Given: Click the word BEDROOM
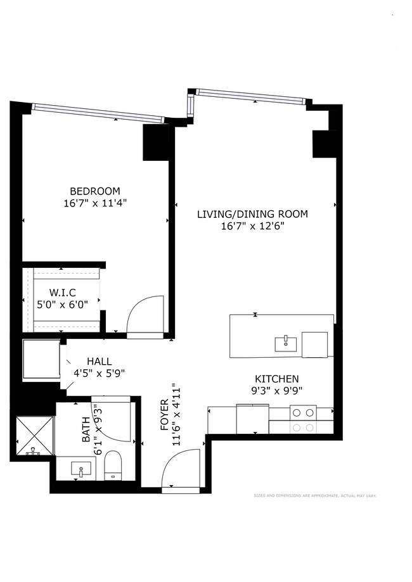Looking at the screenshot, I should click(94, 191).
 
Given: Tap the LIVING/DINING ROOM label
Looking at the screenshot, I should click(252, 214).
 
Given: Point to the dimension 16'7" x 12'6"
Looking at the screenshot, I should click(252, 226).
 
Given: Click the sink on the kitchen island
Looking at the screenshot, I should click(285, 343).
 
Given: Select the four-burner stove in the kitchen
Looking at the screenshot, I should click(303, 419).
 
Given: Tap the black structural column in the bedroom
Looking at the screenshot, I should click(156, 142).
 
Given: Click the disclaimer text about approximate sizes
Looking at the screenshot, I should click(315, 496).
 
